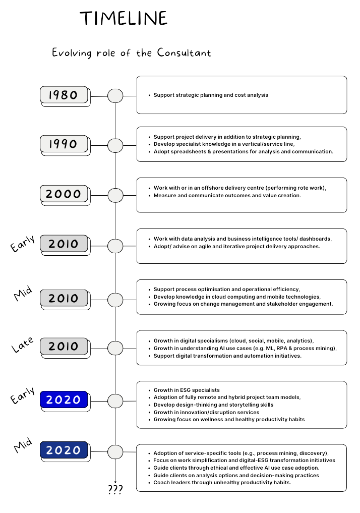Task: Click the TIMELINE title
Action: point(124,19)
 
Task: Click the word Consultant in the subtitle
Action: point(184,52)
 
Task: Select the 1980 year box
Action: point(64,95)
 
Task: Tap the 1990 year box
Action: point(64,144)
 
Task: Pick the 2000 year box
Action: point(64,194)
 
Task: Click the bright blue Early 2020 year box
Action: point(64,400)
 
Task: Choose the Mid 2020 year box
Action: point(64,450)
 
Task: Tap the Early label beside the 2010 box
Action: point(23,243)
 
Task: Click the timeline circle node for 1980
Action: point(115,95)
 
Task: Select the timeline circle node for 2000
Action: point(115,195)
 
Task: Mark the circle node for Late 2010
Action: point(115,348)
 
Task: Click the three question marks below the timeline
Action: point(115,489)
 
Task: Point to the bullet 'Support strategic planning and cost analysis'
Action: point(211,95)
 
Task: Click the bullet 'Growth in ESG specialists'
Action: point(187,390)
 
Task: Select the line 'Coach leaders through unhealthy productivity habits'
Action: point(222,482)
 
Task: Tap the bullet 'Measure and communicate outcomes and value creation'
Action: point(227,195)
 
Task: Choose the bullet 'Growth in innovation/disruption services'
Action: point(206,412)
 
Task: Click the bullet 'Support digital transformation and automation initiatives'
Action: point(227,356)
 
